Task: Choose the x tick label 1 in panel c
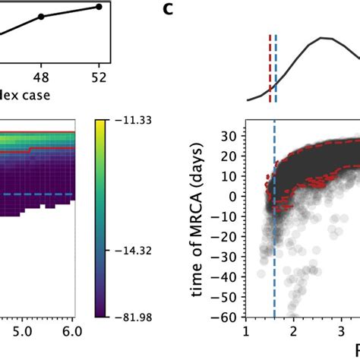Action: pyautogui.click(x=246, y=333)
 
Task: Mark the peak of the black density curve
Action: pyautogui.click(x=324, y=37)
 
